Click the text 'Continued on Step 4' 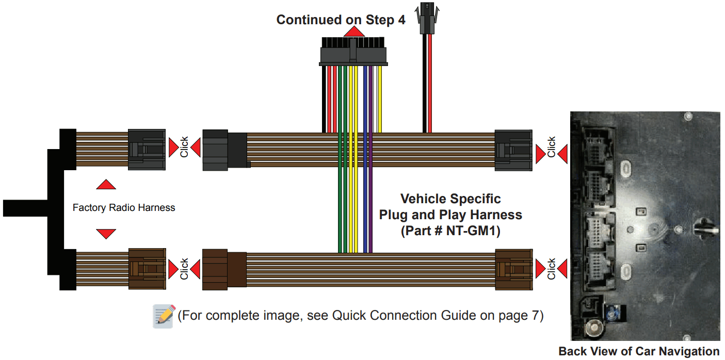point(341,20)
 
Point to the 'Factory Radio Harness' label point(124,208)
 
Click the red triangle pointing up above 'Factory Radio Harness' point(106,185)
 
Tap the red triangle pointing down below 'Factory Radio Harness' point(106,234)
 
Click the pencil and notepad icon point(165,316)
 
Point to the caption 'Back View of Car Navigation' point(639,352)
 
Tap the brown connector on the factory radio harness point(147,269)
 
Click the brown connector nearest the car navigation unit point(513,269)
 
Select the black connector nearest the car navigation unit point(513,150)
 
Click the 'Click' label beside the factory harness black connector point(184,148)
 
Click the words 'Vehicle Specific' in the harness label point(450,199)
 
